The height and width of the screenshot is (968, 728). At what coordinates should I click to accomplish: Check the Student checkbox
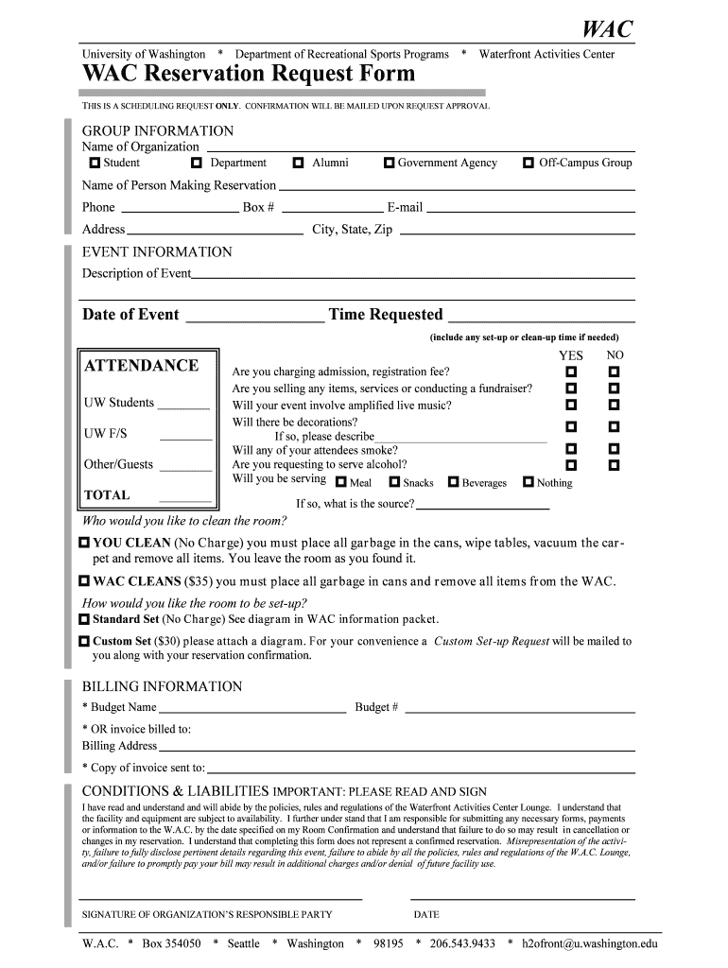[95, 163]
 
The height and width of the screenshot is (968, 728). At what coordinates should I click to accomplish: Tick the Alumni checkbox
[298, 163]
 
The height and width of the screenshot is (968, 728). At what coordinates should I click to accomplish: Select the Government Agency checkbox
[389, 163]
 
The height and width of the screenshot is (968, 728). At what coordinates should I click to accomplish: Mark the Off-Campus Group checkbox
[529, 163]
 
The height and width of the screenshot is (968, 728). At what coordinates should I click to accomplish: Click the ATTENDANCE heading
[142, 366]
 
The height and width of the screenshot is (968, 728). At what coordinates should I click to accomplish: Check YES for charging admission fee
[571, 372]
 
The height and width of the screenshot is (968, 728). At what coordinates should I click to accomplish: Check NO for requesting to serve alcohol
[614, 465]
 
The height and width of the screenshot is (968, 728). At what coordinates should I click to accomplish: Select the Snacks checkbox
[394, 482]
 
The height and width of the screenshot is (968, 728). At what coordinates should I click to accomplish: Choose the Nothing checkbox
[528, 482]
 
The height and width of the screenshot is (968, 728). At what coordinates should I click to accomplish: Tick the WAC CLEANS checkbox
[84, 581]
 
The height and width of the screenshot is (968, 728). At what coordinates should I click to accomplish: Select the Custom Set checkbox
[84, 641]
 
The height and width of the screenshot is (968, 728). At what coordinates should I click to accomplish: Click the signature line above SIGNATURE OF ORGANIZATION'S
[220, 897]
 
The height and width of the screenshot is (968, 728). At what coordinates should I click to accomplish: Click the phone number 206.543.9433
[462, 943]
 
